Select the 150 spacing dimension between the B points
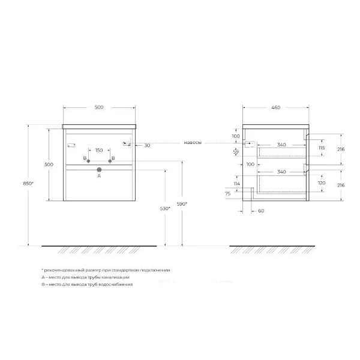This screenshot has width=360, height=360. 99,150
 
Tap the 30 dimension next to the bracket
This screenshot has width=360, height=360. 147,145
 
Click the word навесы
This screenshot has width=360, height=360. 193,143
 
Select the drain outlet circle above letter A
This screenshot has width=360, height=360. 99,170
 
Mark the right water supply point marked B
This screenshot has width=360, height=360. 111,161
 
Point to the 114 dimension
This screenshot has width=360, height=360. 236,184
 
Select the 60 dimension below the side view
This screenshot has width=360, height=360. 260,211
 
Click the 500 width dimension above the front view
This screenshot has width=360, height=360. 99,107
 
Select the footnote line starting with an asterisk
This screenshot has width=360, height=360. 106,271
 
